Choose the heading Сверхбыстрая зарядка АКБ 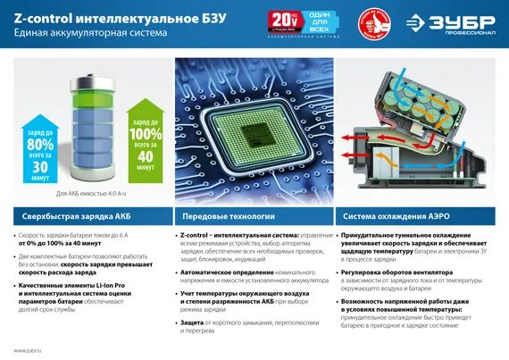(67, 216)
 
